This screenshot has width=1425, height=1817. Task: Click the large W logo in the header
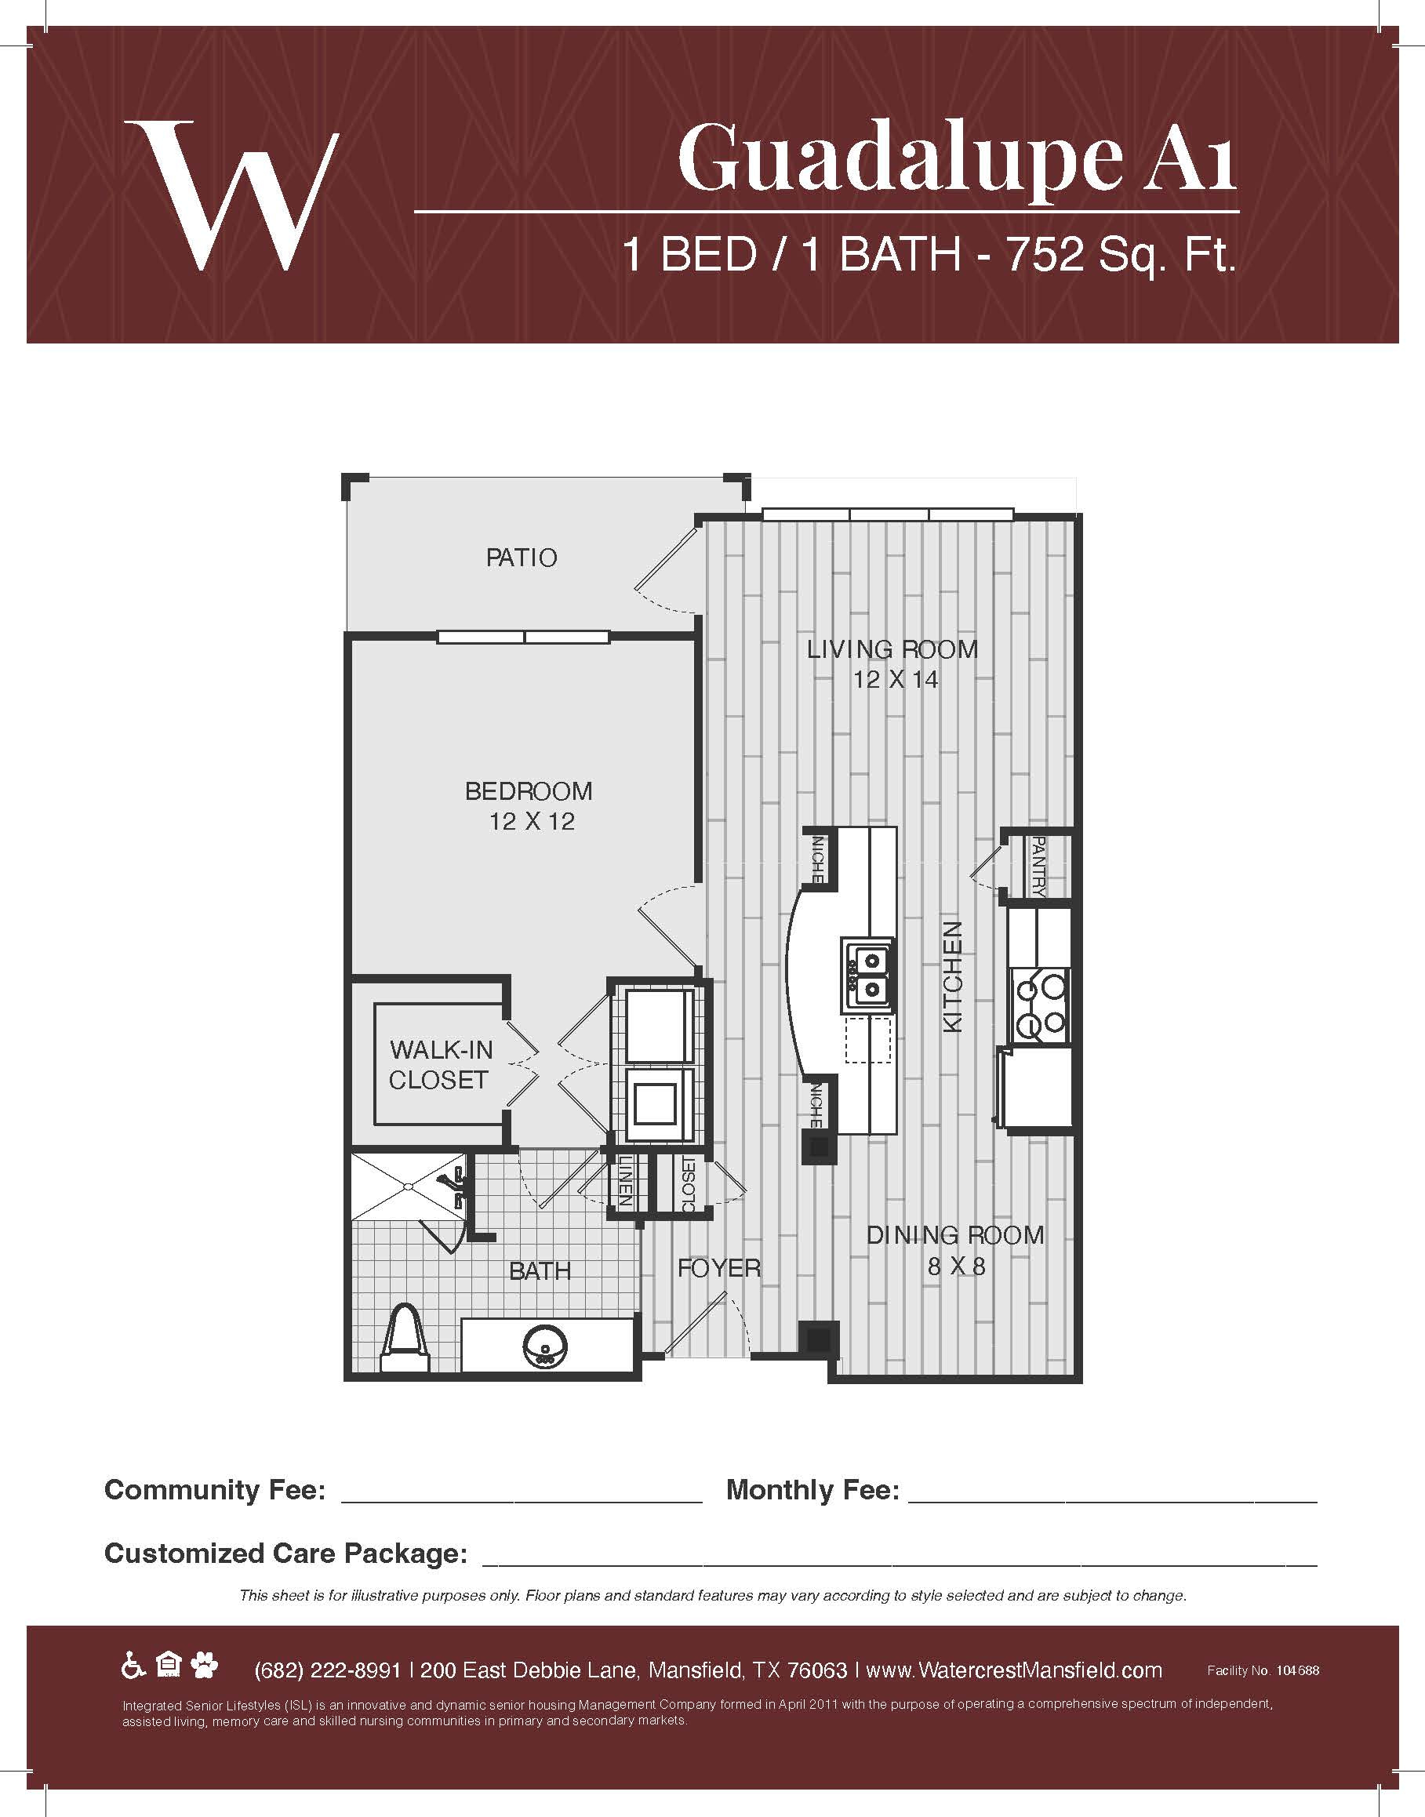coord(231,195)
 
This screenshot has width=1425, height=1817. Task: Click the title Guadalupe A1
coord(956,158)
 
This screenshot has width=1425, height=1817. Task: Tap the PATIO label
coord(522,558)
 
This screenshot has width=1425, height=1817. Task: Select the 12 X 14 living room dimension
coord(895,680)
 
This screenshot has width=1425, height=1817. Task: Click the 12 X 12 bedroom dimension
coord(532,822)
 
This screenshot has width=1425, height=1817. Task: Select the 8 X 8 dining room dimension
coord(956,1266)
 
